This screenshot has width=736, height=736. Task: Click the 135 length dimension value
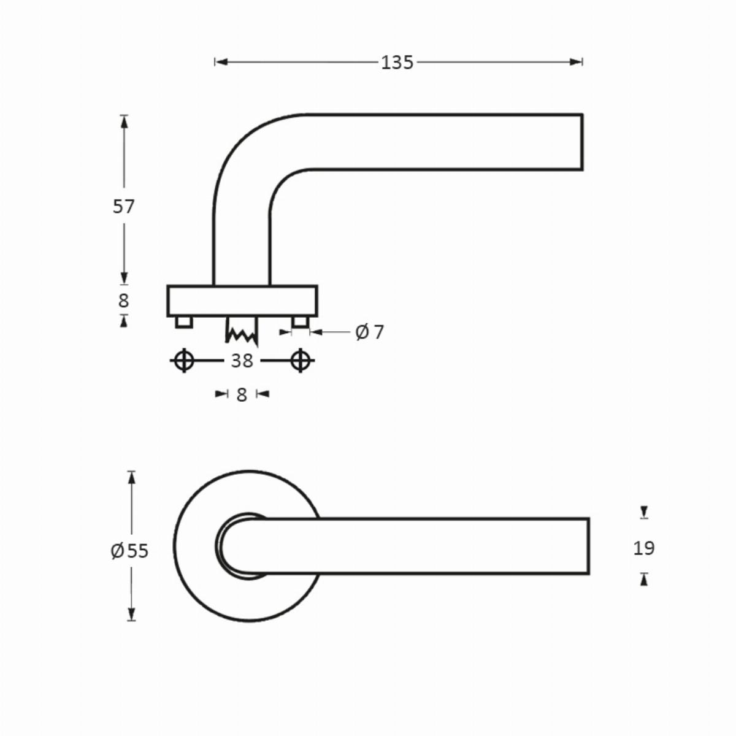pyautogui.click(x=397, y=63)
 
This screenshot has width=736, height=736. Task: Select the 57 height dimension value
pyautogui.click(x=123, y=207)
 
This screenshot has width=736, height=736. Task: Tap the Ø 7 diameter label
pyautogui.click(x=369, y=332)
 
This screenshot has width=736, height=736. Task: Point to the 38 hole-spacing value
pyautogui.click(x=242, y=361)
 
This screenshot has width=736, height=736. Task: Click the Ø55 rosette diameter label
pyautogui.click(x=129, y=551)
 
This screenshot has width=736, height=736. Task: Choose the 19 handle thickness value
pyautogui.click(x=644, y=548)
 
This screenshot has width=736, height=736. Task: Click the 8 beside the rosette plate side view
pyautogui.click(x=123, y=301)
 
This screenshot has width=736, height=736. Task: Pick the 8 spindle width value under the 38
pyautogui.click(x=242, y=395)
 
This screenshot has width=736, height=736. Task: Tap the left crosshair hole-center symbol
pyautogui.click(x=184, y=360)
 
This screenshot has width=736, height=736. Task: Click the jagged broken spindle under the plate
pyautogui.click(x=242, y=331)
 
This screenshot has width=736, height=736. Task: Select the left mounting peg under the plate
pyautogui.click(x=184, y=322)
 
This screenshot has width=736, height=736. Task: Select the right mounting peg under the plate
pyautogui.click(x=300, y=322)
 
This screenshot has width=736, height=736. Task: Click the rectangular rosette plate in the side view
pyautogui.click(x=242, y=301)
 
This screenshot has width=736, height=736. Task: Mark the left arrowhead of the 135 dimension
pyautogui.click(x=221, y=63)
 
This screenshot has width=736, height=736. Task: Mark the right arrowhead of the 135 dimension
pyautogui.click(x=576, y=63)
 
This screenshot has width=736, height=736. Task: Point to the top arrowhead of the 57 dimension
pyautogui.click(x=124, y=121)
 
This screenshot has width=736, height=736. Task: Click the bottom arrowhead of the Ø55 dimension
pyautogui.click(x=131, y=614)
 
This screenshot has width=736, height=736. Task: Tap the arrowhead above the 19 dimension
pyautogui.click(x=645, y=512)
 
